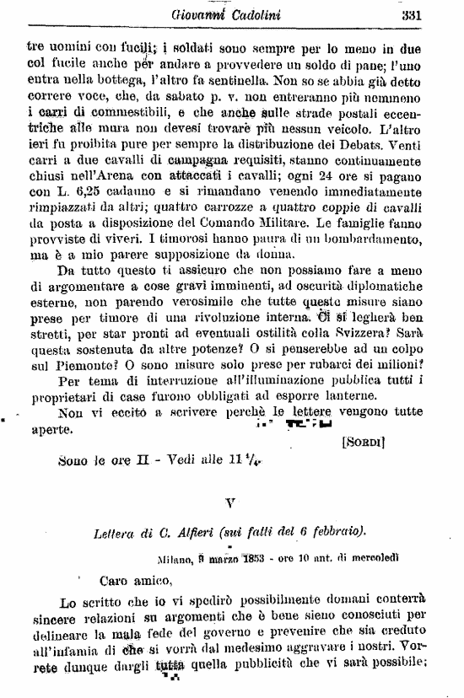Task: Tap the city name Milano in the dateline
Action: coord(175,557)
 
